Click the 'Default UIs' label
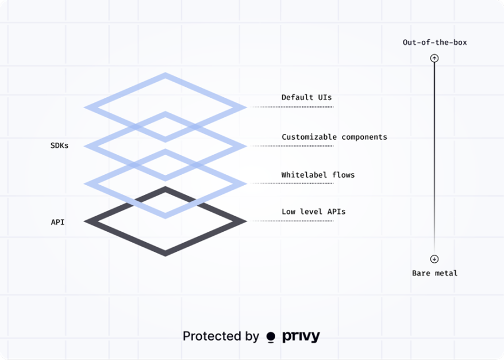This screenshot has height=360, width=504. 306,97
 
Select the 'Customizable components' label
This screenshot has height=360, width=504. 334,137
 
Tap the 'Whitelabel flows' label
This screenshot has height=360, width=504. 318,175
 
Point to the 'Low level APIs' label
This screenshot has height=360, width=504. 313,212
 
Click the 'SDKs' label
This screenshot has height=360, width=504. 59,145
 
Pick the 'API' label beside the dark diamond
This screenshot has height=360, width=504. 57,222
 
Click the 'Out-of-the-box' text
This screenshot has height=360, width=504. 434,42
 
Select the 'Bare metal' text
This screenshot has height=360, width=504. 434,273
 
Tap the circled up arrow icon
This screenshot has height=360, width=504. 434,58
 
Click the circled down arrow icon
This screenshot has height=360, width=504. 434,259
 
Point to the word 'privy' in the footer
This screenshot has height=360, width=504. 301,336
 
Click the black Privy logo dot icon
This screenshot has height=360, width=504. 271,337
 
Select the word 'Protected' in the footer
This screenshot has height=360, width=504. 212,336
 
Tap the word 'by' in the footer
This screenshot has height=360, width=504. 252,337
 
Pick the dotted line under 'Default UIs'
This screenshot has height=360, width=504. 292,107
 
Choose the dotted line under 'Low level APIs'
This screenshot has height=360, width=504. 292,221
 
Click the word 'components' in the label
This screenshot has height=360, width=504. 364,137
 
